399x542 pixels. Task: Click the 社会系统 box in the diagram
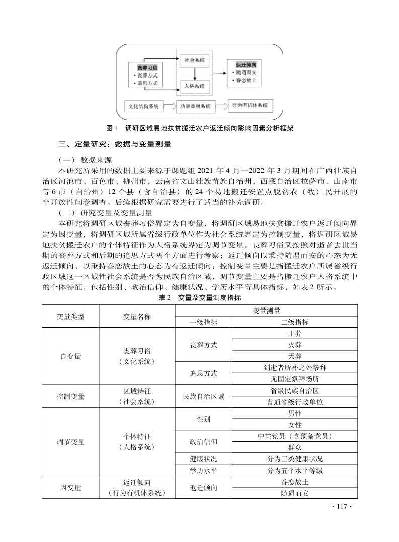point(194,60)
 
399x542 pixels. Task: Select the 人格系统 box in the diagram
point(194,86)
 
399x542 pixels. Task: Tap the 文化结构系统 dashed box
point(143,106)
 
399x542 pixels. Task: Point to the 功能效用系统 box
point(195,106)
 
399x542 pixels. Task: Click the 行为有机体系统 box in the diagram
point(250,106)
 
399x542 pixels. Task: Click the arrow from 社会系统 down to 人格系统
point(194,73)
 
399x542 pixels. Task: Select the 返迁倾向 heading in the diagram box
point(246,65)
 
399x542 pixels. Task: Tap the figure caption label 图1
point(112,128)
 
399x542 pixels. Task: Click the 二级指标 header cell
point(295,322)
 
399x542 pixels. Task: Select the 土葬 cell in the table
point(295,333)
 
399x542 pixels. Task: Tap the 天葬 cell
point(295,356)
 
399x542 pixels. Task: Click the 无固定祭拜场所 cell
point(295,379)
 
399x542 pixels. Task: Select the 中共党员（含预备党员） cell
point(295,436)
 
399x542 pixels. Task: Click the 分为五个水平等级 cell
point(295,471)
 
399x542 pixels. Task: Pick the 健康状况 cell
point(203,459)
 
